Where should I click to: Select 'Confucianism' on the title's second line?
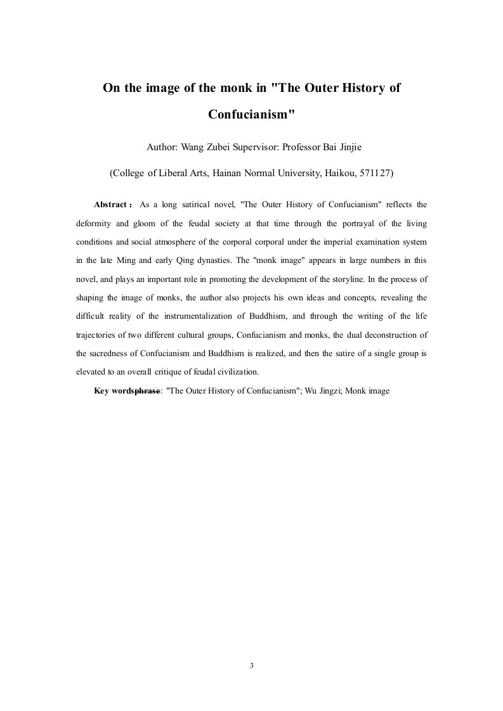click(x=251, y=115)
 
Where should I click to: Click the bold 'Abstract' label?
click(x=112, y=205)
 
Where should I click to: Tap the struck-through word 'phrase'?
click(x=148, y=391)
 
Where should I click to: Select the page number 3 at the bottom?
click(x=252, y=665)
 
